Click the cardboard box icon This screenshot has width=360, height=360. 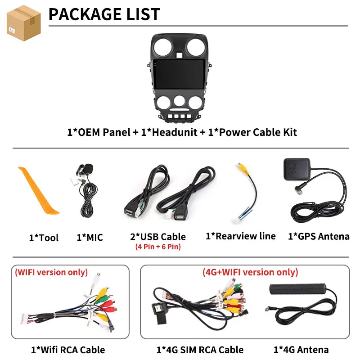(x=24, y=23)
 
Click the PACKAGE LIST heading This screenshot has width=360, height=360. (x=104, y=14)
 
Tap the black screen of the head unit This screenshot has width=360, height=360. (x=179, y=74)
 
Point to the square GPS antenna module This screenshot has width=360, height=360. (x=297, y=169)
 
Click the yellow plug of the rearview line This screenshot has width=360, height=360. (x=243, y=168)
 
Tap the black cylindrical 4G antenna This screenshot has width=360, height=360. (x=298, y=289)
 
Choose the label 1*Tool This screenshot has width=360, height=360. (x=44, y=238)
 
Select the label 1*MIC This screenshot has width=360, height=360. (x=90, y=238)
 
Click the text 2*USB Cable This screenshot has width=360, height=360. (x=158, y=237)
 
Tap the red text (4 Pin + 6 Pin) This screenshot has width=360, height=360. (x=158, y=247)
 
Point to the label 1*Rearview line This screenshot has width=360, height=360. (x=241, y=236)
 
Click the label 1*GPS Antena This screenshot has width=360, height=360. (x=319, y=237)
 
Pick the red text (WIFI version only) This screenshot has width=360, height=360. (x=51, y=272)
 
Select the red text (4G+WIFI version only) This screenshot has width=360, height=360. (x=250, y=272)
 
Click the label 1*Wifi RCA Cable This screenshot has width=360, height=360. (x=68, y=350)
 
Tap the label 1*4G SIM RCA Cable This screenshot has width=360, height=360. (x=200, y=350)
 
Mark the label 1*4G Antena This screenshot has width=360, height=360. (x=301, y=350)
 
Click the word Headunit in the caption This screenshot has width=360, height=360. (x=175, y=132)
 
